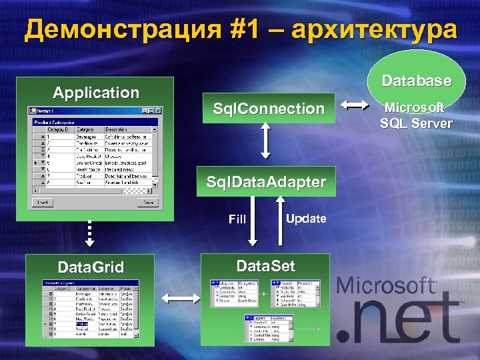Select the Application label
(96, 93)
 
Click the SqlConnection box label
(268, 109)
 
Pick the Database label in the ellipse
(417, 81)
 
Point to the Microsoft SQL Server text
(417, 115)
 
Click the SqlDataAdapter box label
(266, 181)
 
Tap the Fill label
(237, 219)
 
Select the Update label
(306, 218)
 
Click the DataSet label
(265, 267)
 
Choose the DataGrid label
(91, 268)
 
